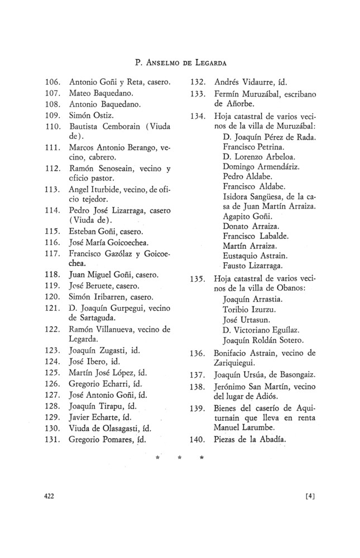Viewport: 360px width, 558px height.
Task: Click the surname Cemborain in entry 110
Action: coord(118,126)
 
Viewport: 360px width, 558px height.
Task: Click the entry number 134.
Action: coord(199,117)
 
